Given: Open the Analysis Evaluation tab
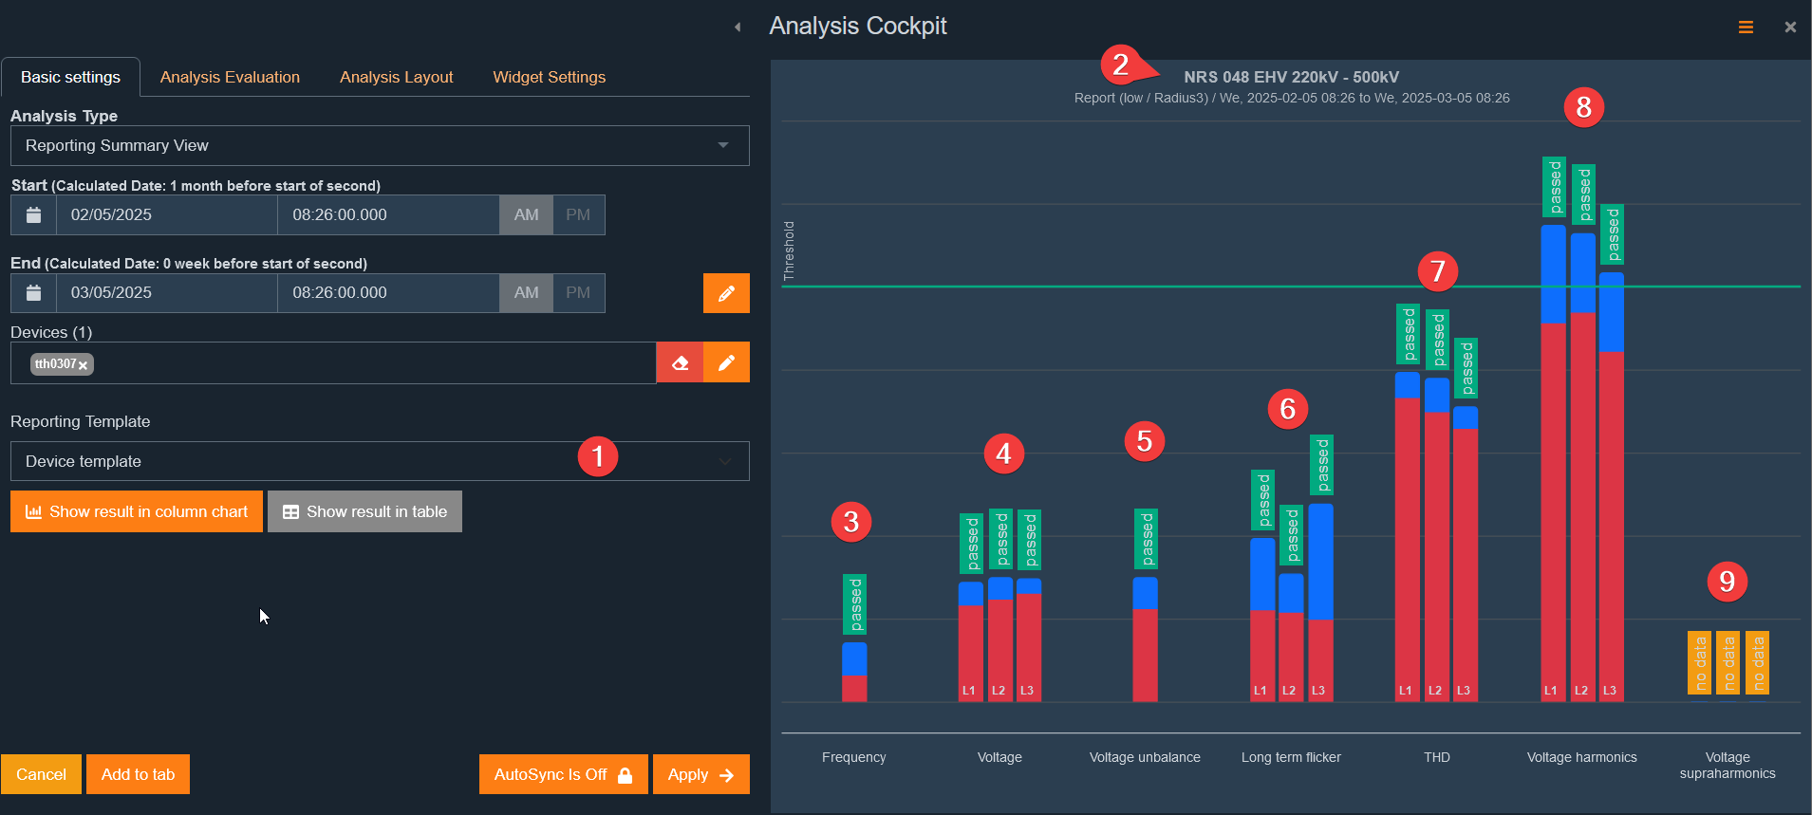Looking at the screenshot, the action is (230, 77).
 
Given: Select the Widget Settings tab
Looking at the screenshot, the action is (549, 77).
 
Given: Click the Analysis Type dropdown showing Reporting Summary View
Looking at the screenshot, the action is (380, 145).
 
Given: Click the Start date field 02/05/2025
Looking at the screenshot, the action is (167, 214).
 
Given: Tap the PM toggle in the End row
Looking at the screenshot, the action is (578, 292).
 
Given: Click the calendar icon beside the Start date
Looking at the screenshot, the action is (33, 214).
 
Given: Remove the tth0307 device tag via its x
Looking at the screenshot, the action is (84, 365).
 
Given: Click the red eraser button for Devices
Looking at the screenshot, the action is (680, 362).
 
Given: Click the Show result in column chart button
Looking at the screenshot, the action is (137, 511).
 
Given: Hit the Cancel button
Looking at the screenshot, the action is (41, 774).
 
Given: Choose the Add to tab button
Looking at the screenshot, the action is (138, 774).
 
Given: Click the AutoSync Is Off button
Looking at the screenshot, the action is (564, 774).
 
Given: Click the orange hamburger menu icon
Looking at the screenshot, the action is (1746, 28).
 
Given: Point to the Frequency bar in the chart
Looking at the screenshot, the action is (854, 672).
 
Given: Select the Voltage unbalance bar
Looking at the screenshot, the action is (1145, 639).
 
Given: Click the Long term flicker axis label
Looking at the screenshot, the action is (1291, 757).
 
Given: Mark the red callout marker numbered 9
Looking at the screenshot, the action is (1728, 582).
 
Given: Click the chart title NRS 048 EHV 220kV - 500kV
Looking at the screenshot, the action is (1291, 77).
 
